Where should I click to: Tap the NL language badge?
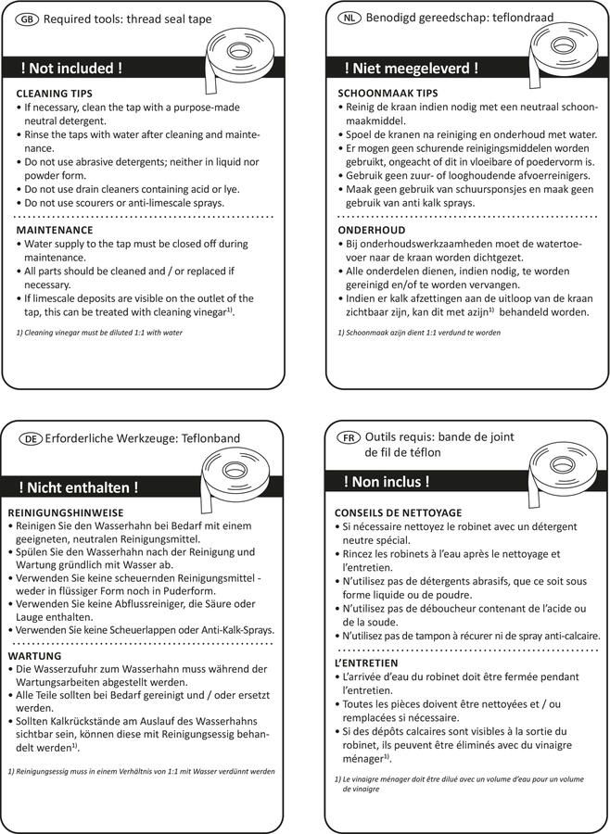tap(349, 18)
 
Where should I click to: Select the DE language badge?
tap(31, 438)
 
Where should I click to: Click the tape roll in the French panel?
tap(560, 471)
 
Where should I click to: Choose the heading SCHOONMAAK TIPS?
tap(387, 95)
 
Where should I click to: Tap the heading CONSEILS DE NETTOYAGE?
tap(398, 513)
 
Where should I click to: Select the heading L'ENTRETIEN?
tap(366, 663)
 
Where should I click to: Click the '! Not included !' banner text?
tap(71, 69)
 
